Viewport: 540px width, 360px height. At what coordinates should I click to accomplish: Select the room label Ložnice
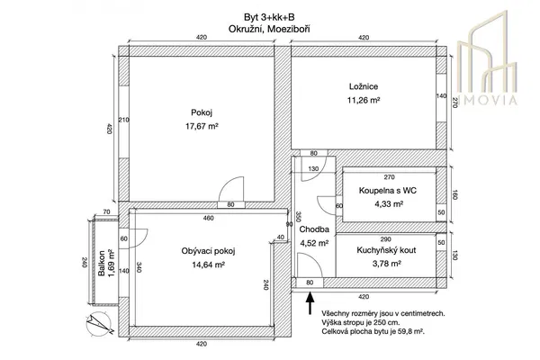[x=362, y=86]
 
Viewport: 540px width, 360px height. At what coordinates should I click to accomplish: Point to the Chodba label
[x=313, y=229]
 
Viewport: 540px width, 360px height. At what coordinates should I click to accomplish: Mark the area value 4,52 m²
[x=313, y=241]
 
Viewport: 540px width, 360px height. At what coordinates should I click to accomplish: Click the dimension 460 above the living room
[x=208, y=219]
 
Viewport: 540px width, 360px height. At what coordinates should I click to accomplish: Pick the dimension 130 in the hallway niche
[x=313, y=169]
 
